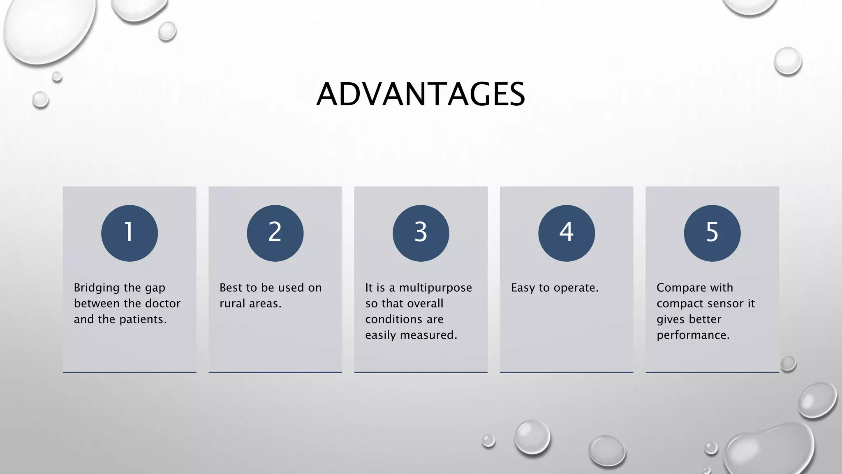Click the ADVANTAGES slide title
pyautogui.click(x=421, y=94)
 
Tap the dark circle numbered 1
pyautogui.click(x=130, y=233)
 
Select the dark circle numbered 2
pyautogui.click(x=275, y=233)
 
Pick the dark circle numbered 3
pyautogui.click(x=421, y=233)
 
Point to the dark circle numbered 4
pyautogui.click(x=566, y=233)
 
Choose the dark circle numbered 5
pyautogui.click(x=712, y=233)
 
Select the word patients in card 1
pyautogui.click(x=142, y=319)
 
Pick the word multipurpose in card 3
pyautogui.click(x=435, y=288)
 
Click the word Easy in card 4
pyautogui.click(x=523, y=288)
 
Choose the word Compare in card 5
pyautogui.click(x=680, y=288)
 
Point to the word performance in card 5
pyautogui.click(x=692, y=335)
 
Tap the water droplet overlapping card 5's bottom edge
pyautogui.click(x=788, y=364)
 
